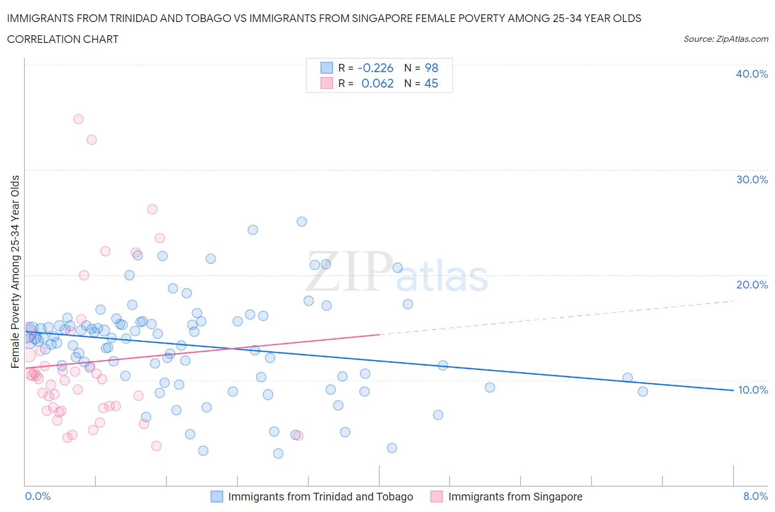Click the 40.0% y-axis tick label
coord(751,74)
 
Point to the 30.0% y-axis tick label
coord(751,179)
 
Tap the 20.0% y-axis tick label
coord(751,285)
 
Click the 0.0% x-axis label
coord(37,496)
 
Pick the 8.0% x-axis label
coord(755,496)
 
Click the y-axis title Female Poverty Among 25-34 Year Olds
coord(15,271)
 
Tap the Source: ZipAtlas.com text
coord(725,39)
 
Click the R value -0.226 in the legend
coord(375,68)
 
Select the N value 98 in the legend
coord(431,68)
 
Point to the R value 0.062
coord(378,83)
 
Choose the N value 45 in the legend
coord(431,83)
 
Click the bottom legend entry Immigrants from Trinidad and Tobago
coord(320,497)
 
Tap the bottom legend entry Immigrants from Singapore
coord(515,497)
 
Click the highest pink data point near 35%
coord(78,119)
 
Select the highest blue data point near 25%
coord(302,221)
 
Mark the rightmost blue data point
coord(643,391)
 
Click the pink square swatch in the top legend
coord(327,83)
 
